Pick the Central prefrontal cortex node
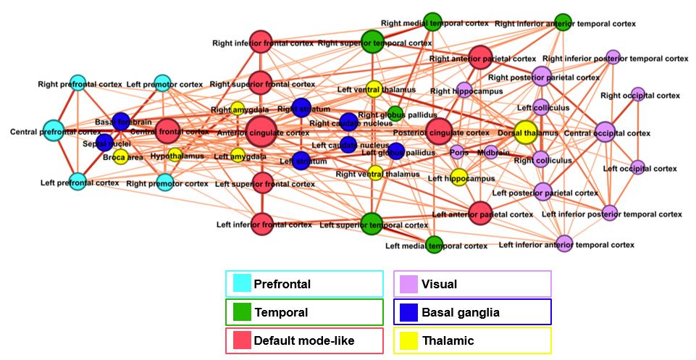tap(54, 131)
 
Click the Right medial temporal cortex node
tap(432, 22)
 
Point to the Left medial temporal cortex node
tap(434, 245)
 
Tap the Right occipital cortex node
tap(637, 94)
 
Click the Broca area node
tap(120, 156)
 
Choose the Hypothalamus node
tap(175, 154)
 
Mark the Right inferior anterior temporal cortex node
tap(563, 22)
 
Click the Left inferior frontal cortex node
tap(262, 223)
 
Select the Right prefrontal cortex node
tap(78, 84)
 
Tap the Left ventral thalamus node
tap(374, 89)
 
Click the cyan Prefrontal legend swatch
tap(241, 283)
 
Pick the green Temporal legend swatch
tap(241, 312)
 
